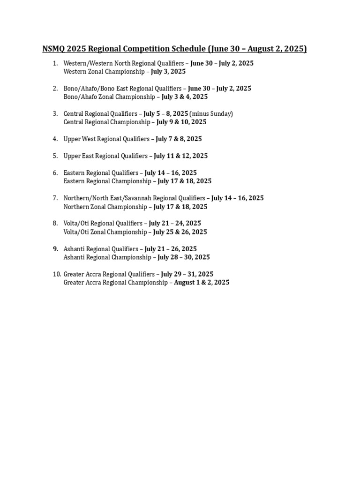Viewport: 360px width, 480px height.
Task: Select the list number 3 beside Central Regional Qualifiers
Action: [x=55, y=113]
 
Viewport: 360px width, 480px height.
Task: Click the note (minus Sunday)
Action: [x=211, y=113]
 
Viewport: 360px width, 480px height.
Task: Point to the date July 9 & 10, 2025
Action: [x=181, y=122]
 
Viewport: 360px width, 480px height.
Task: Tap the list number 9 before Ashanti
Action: [x=55, y=249]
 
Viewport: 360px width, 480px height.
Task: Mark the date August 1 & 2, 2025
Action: [x=202, y=283]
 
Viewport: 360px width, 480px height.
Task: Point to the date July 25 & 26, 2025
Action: [x=180, y=232]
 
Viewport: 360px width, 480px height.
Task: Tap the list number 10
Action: [x=56, y=274]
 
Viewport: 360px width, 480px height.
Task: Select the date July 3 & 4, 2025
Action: [x=185, y=97]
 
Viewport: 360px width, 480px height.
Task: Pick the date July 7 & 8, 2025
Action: [x=179, y=139]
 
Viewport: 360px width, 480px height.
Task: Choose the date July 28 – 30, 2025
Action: [x=184, y=257]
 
